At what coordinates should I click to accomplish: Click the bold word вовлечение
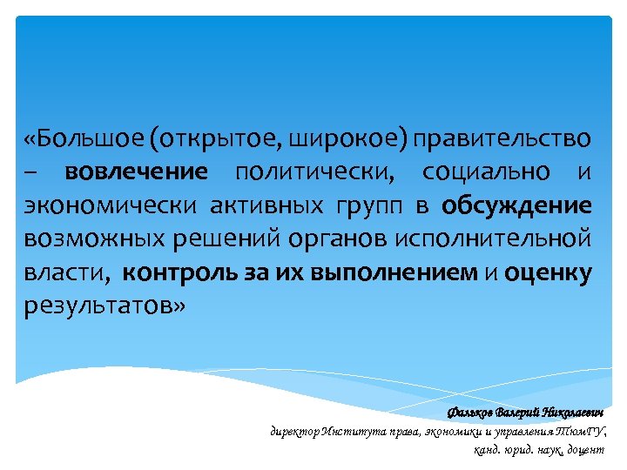point(137,172)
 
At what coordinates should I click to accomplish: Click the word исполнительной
point(492,239)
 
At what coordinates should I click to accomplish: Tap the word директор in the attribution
point(295,431)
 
